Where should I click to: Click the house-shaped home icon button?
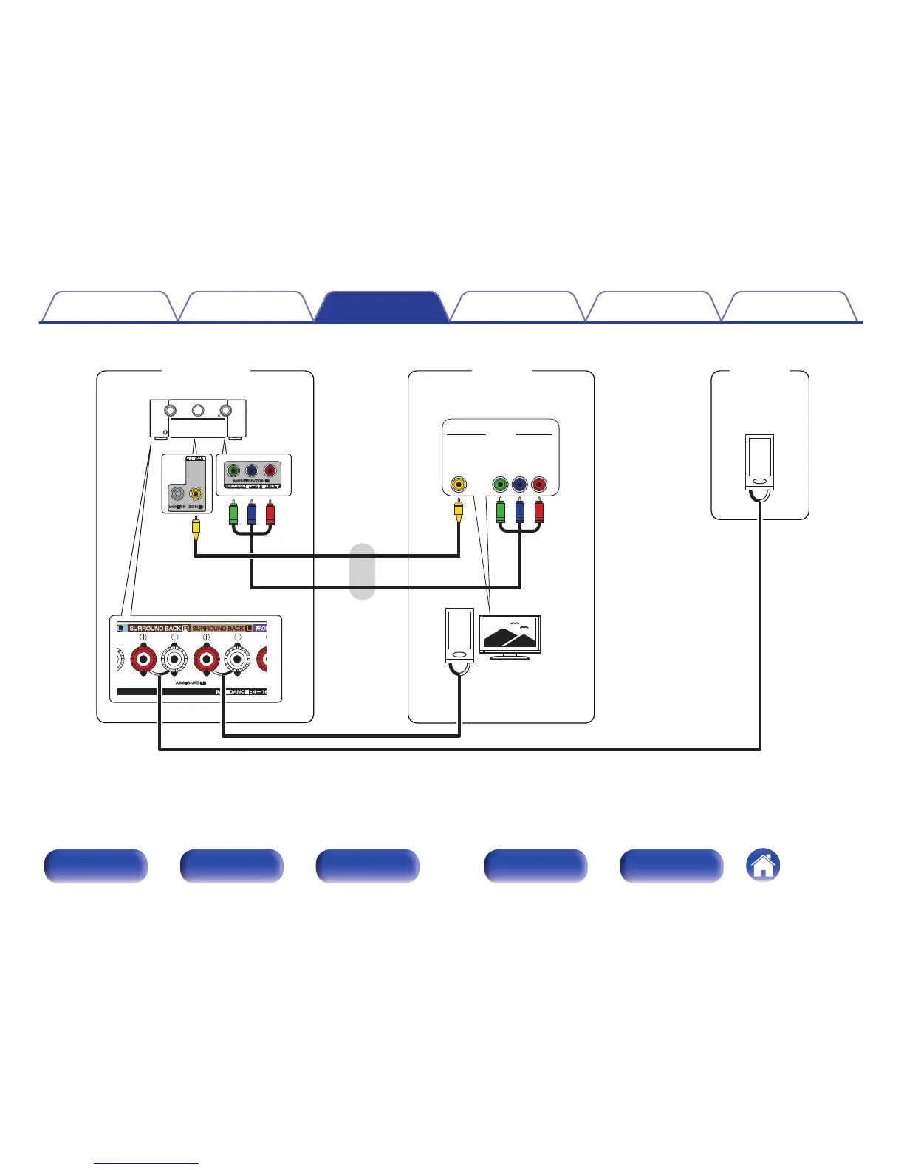pos(764,865)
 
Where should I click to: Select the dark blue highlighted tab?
pos(381,307)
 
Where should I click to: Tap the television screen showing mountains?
pos(510,632)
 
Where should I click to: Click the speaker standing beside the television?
pos(459,634)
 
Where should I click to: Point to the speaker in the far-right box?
pos(759,462)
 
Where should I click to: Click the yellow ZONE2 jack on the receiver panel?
pos(196,495)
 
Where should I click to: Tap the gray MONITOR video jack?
pos(177,495)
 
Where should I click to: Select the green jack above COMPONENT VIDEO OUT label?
pos(234,471)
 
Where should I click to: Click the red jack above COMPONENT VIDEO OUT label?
pos(270,471)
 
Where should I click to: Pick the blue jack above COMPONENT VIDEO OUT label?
pos(252,471)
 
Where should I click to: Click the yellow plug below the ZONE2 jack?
pos(196,526)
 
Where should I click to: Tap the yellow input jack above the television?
pos(459,485)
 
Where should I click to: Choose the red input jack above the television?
pos(539,485)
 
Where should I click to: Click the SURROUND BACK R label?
pos(159,629)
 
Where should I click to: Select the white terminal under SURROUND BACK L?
pos(237,657)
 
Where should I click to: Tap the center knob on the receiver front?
pos(198,410)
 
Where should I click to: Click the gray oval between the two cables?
pos(362,571)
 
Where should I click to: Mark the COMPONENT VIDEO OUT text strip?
pos(253,486)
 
